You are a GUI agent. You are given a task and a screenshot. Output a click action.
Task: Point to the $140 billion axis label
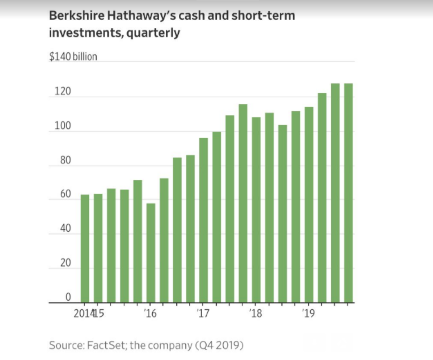(73, 57)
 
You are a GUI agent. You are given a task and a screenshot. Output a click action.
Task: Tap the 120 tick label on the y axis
(63, 91)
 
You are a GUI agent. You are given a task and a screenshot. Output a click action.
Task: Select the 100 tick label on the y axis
(63, 126)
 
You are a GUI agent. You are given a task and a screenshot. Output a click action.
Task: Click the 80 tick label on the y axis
(65, 160)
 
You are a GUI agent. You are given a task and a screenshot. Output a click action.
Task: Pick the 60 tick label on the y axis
(65, 194)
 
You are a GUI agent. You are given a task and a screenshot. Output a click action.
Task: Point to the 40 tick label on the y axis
(65, 228)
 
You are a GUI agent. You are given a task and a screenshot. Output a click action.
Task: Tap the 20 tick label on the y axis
(65, 263)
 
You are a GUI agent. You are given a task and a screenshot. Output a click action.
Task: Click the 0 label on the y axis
(68, 297)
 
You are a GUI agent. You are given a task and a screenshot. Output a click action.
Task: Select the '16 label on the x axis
(150, 313)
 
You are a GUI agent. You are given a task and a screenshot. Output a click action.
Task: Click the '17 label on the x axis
(203, 313)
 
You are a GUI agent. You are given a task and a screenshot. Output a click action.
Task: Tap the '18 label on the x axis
(256, 313)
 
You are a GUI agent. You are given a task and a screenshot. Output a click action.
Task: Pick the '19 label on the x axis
(308, 313)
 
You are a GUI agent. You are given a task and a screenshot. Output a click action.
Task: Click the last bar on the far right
(348, 193)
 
